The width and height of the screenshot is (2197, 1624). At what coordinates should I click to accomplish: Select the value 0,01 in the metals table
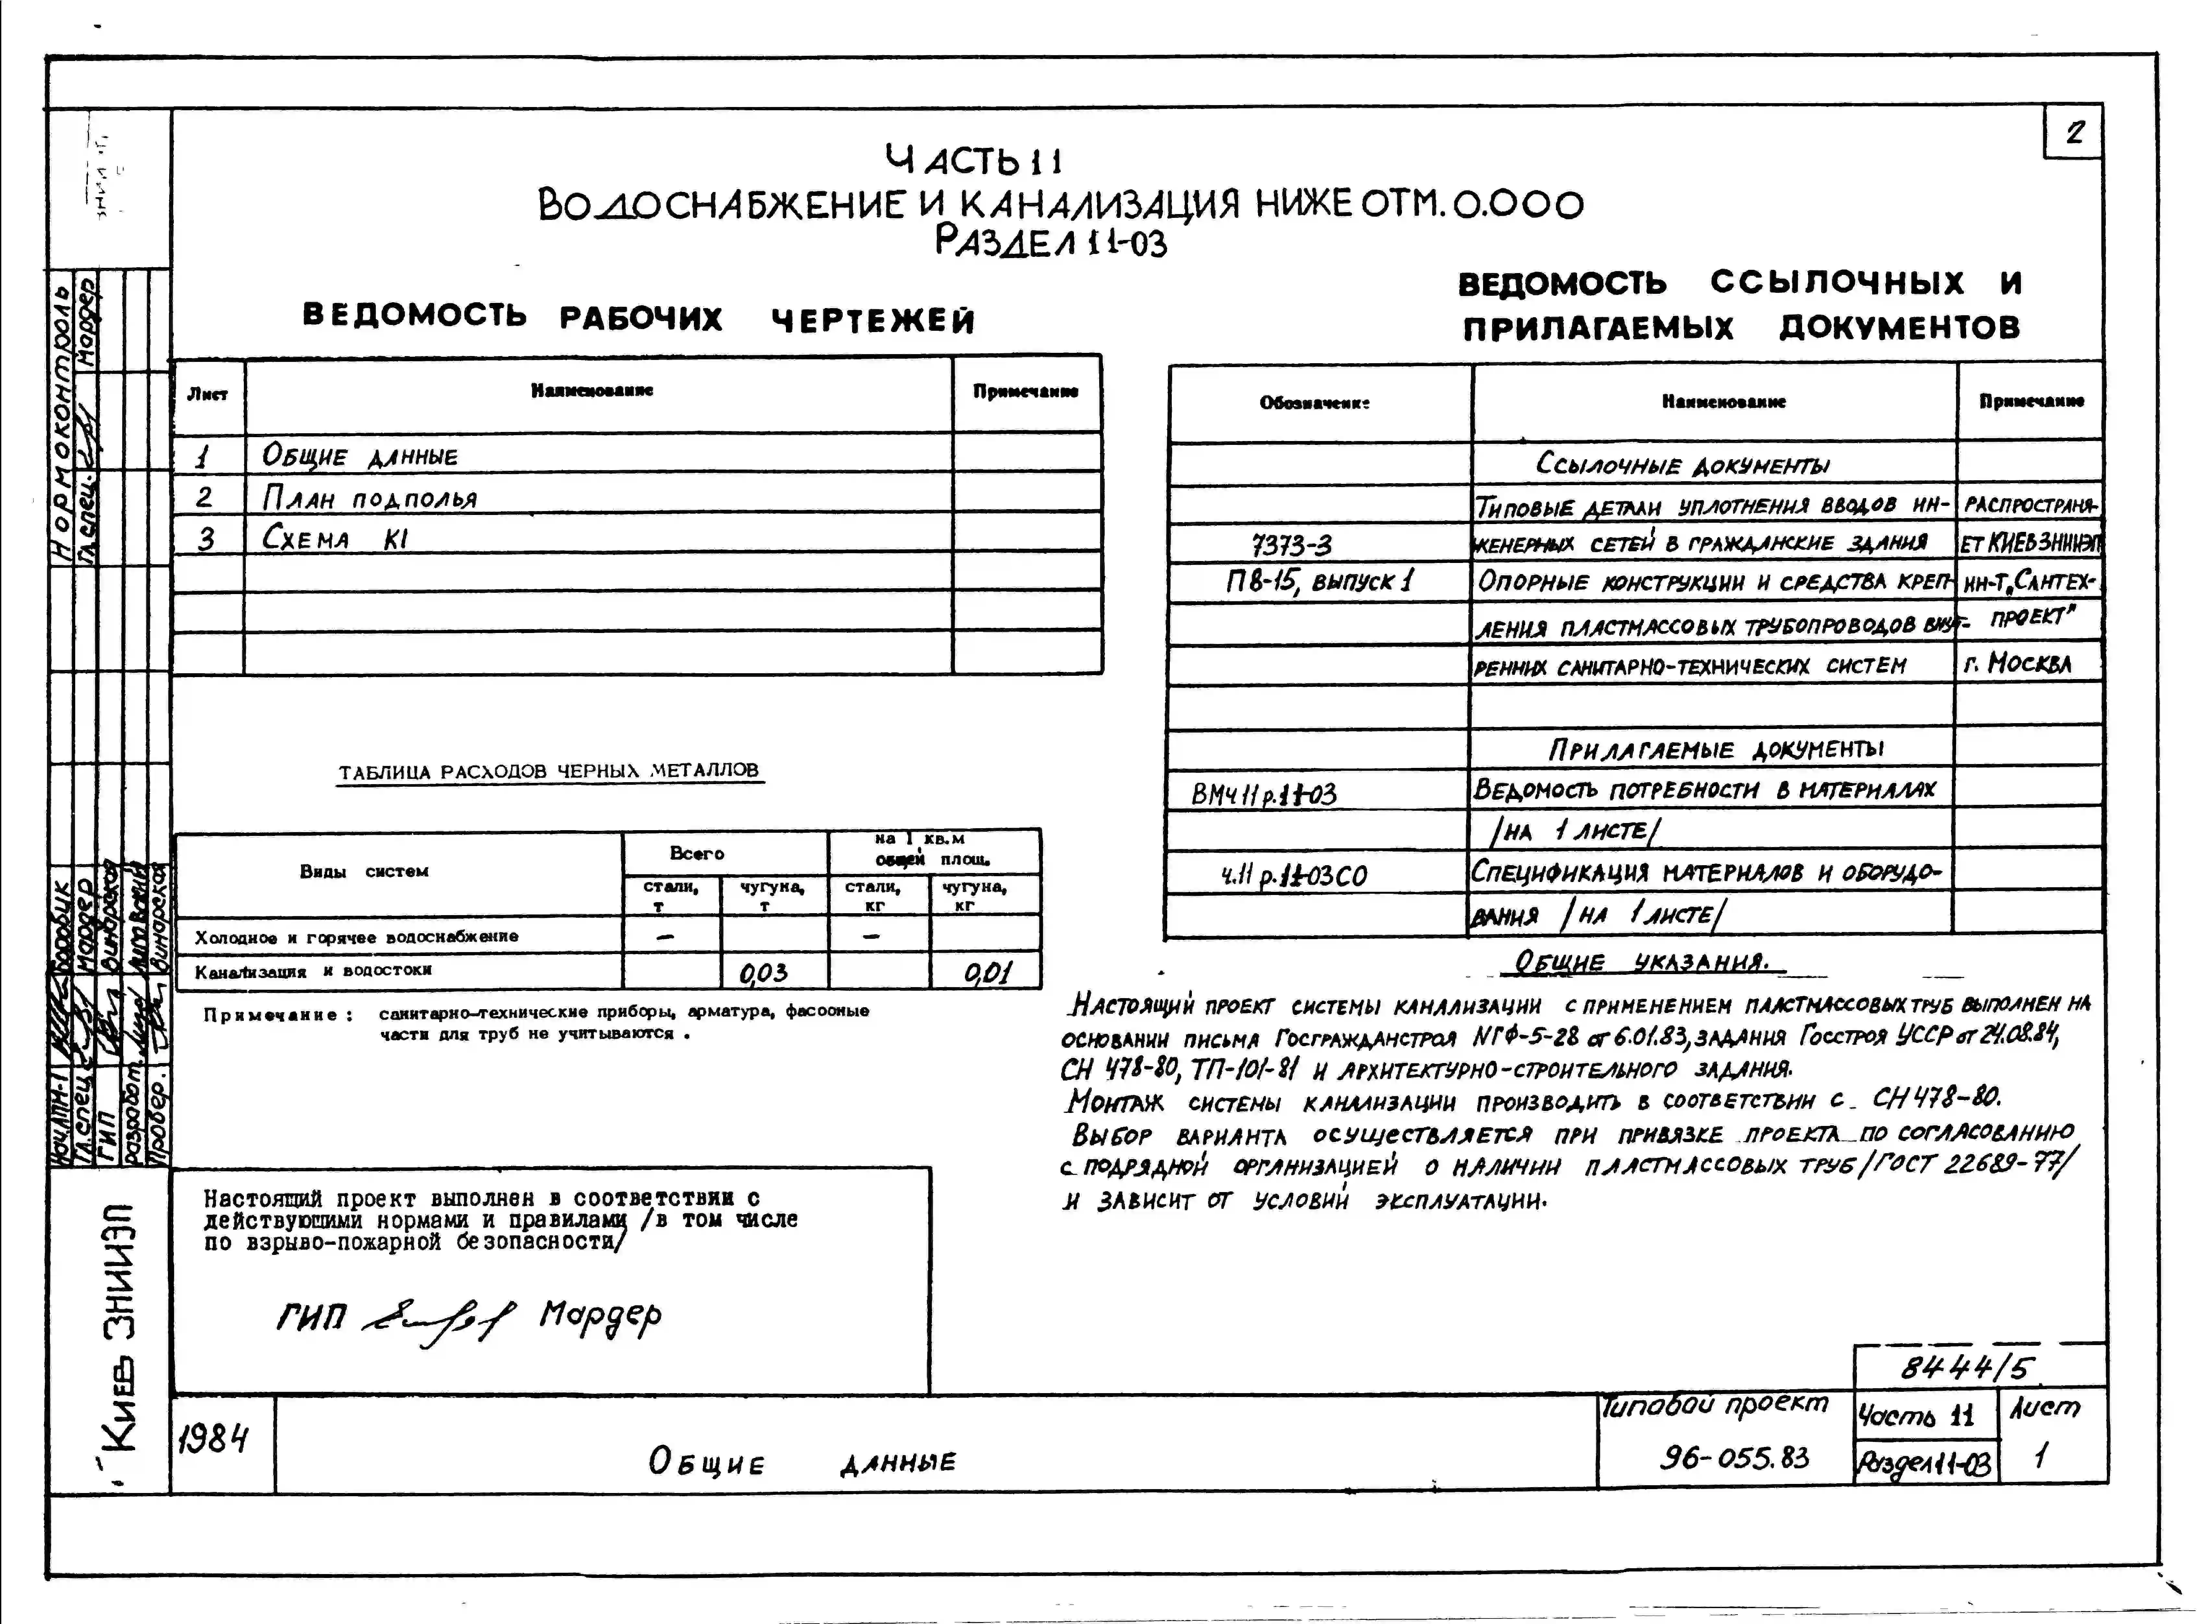tap(986, 972)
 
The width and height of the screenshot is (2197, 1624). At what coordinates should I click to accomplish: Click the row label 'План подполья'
tap(369, 498)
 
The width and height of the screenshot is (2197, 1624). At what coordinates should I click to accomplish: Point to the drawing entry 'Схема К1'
tap(334, 539)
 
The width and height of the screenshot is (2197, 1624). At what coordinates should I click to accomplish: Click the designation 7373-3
tap(1292, 543)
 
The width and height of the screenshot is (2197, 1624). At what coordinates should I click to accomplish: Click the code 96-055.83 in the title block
tap(1734, 1457)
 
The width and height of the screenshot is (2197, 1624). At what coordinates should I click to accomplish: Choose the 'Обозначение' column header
tap(1314, 402)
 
